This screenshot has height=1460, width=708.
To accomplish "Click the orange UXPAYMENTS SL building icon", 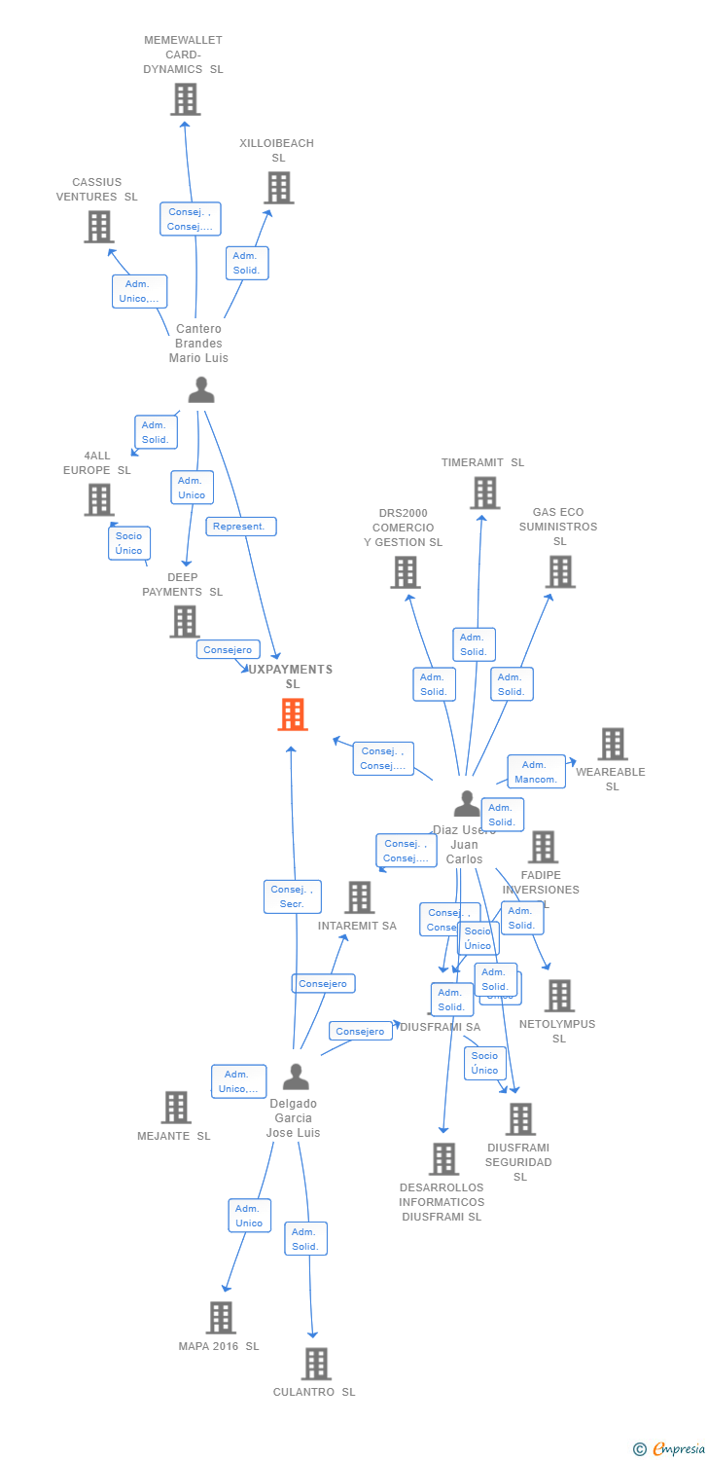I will pos(293,715).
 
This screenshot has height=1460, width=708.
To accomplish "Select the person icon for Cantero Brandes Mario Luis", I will pos(200,389).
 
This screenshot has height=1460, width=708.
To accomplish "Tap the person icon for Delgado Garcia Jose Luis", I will pos(296,1077).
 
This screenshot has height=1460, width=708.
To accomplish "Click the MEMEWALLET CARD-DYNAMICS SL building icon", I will pos(185,99).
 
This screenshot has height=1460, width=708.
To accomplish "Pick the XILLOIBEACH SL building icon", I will pos(278,188).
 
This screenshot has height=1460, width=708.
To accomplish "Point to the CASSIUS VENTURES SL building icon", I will pos(98,227).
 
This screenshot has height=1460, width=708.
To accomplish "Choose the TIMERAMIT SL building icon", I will pos(484,493).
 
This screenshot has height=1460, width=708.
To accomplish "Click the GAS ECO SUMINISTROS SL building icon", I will pos(560,572).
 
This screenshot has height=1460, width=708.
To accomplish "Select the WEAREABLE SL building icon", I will pos(612,745).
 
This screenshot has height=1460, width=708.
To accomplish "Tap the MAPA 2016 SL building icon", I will pos(221,1318).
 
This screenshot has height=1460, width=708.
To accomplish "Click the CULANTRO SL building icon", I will pos(315,1365).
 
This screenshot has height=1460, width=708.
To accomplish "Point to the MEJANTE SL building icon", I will pos(175,1108).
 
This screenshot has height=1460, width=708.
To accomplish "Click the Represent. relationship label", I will pos(240,527).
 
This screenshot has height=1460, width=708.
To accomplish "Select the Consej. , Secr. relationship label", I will pos(292,896).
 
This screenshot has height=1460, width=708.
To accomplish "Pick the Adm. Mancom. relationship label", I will pos(536,772).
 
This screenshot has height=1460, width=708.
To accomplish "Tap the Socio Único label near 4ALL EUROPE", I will pos(128,543).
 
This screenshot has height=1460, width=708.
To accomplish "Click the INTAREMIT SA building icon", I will pos(359,897).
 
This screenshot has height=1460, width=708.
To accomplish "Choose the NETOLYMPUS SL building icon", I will pos(559,996).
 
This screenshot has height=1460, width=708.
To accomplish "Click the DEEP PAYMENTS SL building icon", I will pos(184,621).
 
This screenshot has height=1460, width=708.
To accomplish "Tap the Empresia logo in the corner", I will pos(670,1449).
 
